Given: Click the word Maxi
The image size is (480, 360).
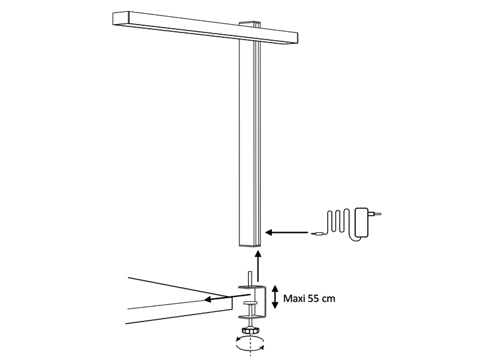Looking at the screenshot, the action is (x=294, y=298).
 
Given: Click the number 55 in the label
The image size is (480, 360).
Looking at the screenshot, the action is (x=313, y=298).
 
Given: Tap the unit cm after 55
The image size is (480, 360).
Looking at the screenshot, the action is (x=329, y=299).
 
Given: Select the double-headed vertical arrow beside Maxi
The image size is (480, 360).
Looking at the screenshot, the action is (x=275, y=296).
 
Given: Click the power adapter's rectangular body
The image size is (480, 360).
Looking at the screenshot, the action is (x=362, y=223).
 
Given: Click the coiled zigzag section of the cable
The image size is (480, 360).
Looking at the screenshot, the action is (x=338, y=221).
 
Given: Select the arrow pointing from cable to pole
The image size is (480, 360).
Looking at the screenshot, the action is (x=287, y=233).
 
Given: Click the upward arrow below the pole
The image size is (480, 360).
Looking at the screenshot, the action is (x=258, y=266).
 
